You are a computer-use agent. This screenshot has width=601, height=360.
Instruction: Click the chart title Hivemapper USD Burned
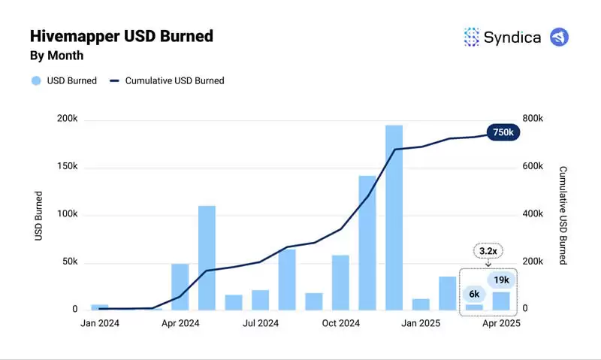point(121,36)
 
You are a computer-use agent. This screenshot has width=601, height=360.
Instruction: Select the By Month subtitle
point(56,56)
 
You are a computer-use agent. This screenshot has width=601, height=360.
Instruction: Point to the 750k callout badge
point(503,132)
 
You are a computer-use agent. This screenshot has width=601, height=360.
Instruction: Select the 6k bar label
point(474,294)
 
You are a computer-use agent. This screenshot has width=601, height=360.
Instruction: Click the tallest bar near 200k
point(394,218)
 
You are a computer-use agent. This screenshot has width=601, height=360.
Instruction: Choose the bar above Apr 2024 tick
point(180,286)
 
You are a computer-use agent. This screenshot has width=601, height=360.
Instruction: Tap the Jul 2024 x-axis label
point(260,323)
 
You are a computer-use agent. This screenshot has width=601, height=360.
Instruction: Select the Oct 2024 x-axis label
point(341,323)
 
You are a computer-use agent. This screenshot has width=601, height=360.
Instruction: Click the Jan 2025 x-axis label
point(420,323)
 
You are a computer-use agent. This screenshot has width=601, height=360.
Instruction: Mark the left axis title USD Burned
point(38,216)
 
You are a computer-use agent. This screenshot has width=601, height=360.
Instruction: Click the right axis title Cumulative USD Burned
point(563,216)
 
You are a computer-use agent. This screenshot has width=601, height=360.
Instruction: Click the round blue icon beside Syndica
point(560,37)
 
